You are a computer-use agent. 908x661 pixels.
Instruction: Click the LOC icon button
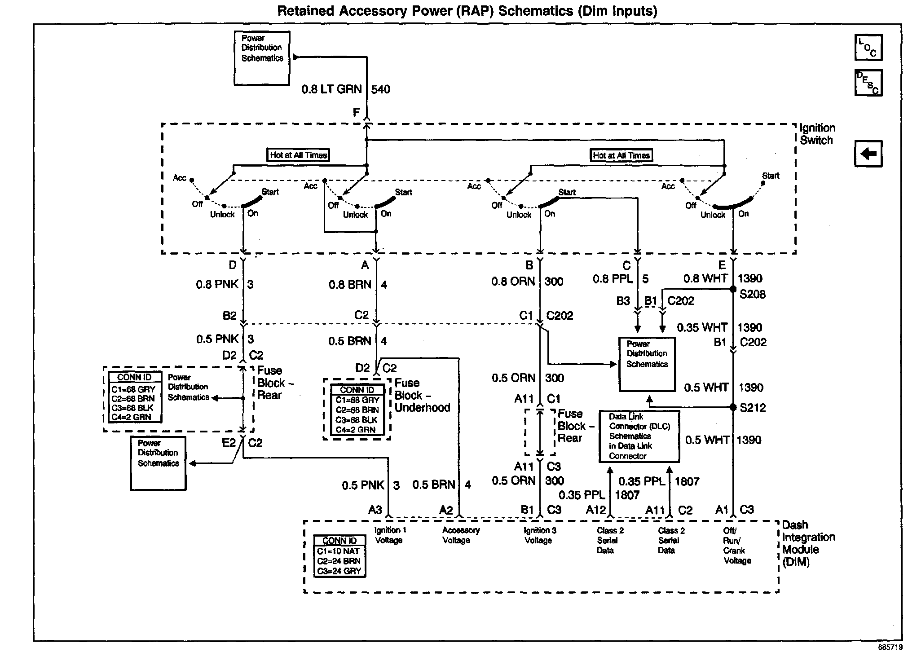pos(868,47)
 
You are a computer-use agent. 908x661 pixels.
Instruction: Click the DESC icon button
pos(868,83)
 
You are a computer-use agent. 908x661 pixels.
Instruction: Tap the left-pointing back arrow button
pos(868,154)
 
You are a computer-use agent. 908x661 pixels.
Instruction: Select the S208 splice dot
pos(733,289)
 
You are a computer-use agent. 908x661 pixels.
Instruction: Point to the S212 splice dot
pos(733,407)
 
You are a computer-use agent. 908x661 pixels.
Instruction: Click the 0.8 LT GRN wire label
pos(331,89)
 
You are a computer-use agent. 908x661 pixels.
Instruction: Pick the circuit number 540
pos(381,89)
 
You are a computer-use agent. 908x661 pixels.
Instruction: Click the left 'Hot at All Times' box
pos(298,155)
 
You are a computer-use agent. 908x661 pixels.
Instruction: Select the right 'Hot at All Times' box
pos(621,155)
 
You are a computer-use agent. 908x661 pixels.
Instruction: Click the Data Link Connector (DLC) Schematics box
pos(639,436)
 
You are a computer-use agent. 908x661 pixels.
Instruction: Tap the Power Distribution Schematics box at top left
pos(262,58)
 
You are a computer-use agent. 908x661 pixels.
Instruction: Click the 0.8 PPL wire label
pos(613,279)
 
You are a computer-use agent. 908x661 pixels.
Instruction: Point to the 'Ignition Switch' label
pos(817,134)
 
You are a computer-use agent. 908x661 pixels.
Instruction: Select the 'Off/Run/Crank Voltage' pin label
pos(737,545)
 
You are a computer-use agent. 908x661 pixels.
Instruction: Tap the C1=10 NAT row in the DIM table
pos(338,551)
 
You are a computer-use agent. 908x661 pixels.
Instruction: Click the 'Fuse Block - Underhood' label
pos(422,395)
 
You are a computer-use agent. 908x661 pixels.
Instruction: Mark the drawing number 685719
pos(890,648)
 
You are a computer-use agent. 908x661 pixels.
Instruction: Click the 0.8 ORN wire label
pos(513,282)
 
